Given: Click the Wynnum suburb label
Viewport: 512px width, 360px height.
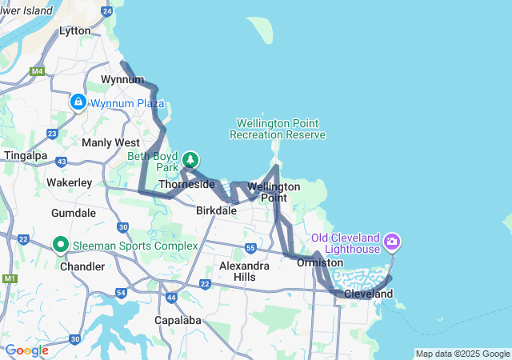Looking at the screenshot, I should click(x=122, y=79).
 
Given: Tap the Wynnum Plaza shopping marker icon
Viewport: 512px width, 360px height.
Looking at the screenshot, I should click(x=78, y=102).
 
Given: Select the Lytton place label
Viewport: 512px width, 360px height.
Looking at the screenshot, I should click(x=75, y=30).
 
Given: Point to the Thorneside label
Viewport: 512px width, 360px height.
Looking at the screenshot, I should click(x=186, y=184).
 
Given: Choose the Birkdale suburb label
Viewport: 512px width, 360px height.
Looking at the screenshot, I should click(x=216, y=210).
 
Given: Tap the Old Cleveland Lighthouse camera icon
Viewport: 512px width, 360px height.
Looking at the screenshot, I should click(x=392, y=241).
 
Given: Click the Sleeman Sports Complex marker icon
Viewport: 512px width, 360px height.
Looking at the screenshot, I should click(x=60, y=244).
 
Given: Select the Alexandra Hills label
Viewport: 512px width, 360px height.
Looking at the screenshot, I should click(x=244, y=271).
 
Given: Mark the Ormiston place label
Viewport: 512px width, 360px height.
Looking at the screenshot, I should click(x=320, y=262).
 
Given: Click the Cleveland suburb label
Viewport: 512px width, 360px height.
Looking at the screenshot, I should click(x=368, y=294).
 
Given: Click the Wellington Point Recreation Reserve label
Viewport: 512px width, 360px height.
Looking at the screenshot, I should click(x=278, y=129).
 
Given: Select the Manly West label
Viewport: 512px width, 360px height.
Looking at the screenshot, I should click(x=110, y=142).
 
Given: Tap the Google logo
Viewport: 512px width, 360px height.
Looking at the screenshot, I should click(x=26, y=350).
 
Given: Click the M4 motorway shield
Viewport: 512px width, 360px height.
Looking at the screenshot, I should click(x=37, y=71).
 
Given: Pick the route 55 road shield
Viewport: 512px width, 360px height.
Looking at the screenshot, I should click(x=250, y=249).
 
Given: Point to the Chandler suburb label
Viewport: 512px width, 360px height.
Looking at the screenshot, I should click(x=82, y=266).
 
